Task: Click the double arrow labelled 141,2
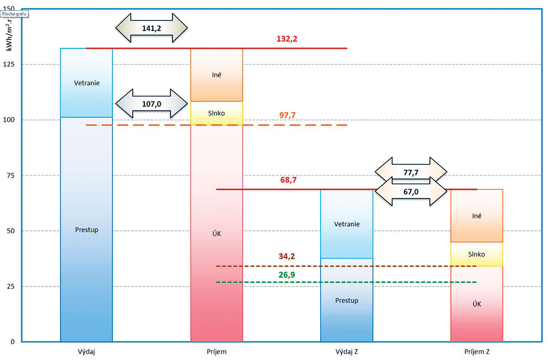151,27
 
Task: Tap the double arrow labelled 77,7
410,172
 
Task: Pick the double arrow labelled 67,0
410,192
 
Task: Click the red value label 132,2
287,39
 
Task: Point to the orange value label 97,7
288,115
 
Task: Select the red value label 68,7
289,180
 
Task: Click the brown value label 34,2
287,256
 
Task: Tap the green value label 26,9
287,275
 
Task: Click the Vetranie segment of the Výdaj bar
87,83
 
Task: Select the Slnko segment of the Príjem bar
216,113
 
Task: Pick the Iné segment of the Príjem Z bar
477,216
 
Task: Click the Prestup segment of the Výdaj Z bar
347,300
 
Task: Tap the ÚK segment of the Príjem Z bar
477,304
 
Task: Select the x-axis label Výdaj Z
347,352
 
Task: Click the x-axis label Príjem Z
477,352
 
